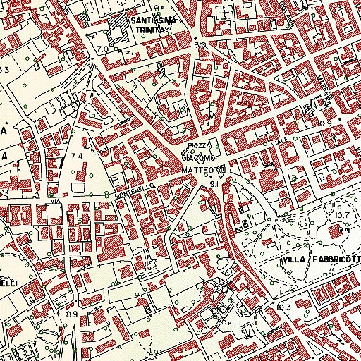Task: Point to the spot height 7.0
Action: [104, 49]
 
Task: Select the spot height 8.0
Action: [200, 45]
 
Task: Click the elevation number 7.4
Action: [76, 154]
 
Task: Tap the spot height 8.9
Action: [71, 313]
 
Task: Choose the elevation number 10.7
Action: [343, 214]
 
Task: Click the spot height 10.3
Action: [283, 307]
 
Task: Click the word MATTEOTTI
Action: [203, 171]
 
